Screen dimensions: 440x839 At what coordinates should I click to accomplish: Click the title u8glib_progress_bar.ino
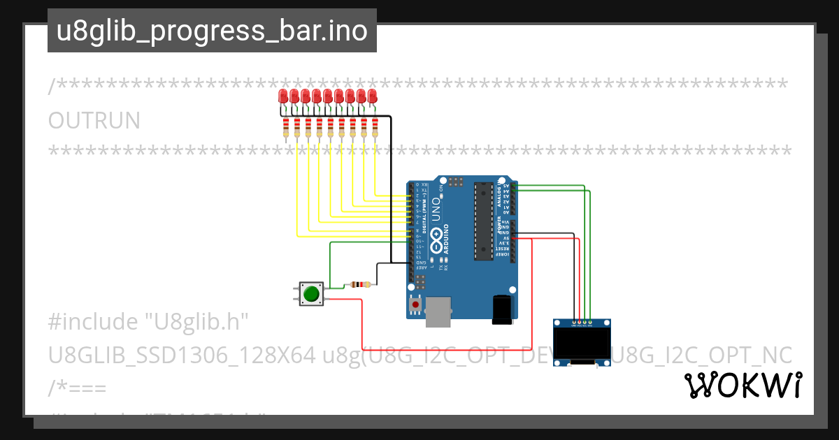[212, 31]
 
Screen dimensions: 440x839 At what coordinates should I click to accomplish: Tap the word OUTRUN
[94, 121]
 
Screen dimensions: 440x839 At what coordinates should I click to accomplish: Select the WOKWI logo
[743, 385]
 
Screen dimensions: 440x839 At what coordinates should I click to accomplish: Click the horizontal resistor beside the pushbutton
[359, 284]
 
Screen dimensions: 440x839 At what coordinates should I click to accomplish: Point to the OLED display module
[582, 343]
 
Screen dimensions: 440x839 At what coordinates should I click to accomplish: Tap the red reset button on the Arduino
[416, 305]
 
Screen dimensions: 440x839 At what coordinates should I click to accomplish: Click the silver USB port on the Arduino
[438, 311]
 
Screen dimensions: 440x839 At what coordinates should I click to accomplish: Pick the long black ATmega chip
[483, 221]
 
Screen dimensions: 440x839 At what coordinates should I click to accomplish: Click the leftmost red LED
[283, 96]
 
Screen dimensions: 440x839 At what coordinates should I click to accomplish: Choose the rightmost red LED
[372, 96]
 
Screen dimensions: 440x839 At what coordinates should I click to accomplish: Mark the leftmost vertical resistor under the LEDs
[286, 128]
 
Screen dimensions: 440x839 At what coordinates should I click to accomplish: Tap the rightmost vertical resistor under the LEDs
[375, 128]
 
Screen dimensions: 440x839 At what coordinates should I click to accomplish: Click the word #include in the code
[93, 322]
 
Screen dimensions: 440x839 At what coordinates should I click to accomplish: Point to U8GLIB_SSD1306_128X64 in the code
[182, 355]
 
